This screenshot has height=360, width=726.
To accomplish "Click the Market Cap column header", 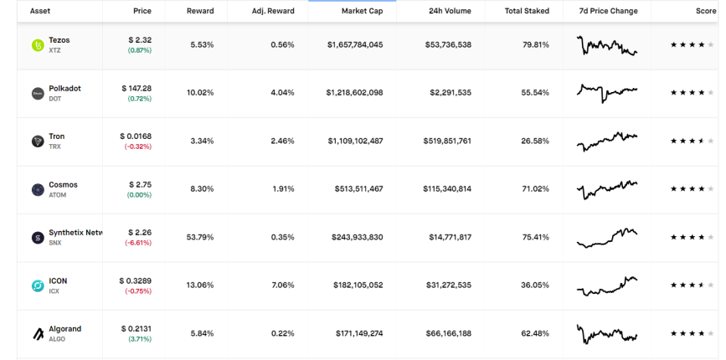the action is coord(362,11).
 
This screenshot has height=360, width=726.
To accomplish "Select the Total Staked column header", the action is coord(527,11).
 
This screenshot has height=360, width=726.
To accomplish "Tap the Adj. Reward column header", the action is coord(273,11).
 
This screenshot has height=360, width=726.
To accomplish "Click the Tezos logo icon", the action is coord(38,45).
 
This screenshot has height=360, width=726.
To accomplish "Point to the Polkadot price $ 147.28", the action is coord(136,88).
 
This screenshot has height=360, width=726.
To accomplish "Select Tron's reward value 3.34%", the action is coord(202,141).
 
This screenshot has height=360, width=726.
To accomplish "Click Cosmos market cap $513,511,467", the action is coord(359,189).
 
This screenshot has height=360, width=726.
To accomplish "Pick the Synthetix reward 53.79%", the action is coord(200,238).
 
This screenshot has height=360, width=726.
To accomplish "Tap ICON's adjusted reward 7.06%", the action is coord(282,285).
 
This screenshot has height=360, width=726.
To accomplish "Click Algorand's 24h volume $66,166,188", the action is coord(448,333).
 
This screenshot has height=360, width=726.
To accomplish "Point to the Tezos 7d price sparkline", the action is coord(607,45).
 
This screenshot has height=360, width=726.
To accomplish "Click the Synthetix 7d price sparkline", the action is coord(607,238).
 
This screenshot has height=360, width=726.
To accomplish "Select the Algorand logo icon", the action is coord(38,333).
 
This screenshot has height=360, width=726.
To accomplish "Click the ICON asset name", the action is coord(58,280).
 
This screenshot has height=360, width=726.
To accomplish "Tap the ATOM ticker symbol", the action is coord(58,195).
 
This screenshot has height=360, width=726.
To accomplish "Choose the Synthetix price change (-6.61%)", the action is coord(137,243).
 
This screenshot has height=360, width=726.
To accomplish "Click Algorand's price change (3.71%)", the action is coord(140,339).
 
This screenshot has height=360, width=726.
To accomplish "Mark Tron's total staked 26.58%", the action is coord(535,141).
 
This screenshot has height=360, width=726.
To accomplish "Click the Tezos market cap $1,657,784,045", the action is coord(355,45).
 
